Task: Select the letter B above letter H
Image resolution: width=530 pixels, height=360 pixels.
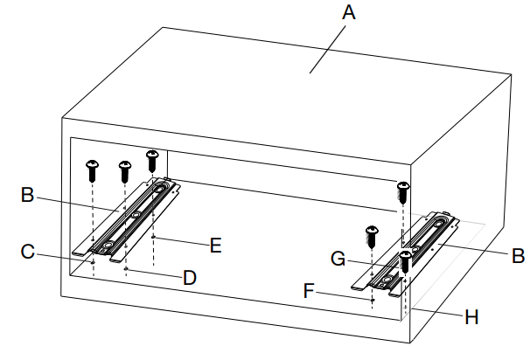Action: tap(517, 257)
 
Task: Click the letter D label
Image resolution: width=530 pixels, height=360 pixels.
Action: tap(190, 278)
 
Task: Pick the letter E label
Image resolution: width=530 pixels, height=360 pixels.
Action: tap(215, 245)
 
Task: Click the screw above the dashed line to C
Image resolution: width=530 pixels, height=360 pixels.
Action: tap(93, 169)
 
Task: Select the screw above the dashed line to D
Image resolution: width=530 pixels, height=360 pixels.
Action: tap(124, 169)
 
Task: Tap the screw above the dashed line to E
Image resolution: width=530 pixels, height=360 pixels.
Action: tap(152, 159)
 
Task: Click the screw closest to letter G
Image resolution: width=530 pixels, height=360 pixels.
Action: tap(405, 260)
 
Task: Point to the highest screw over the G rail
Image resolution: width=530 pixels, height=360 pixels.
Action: tap(402, 190)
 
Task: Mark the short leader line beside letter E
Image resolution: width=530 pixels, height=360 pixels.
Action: tap(182, 239)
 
